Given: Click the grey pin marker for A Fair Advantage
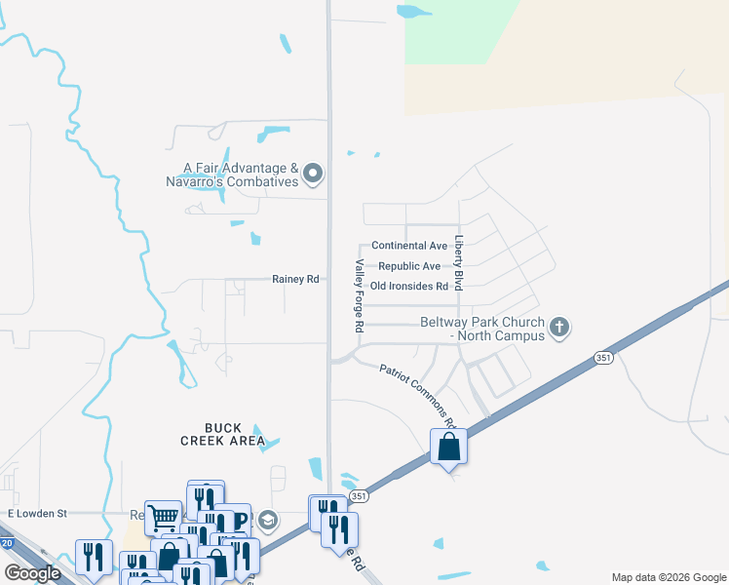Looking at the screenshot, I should (x=313, y=175).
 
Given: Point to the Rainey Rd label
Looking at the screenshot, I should (x=295, y=280).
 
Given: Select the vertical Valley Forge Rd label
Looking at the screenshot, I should (x=359, y=297).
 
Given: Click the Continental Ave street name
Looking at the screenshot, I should (x=409, y=246).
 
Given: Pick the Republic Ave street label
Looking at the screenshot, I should (x=409, y=266).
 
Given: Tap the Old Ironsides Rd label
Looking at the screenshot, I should (x=409, y=287).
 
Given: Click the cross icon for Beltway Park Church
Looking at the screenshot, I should (x=559, y=327).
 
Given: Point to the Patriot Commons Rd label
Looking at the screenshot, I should (x=418, y=395).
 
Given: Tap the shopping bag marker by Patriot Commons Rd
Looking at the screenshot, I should (x=448, y=448).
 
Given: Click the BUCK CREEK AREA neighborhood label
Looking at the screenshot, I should (x=222, y=434).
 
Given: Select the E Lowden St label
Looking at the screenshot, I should (x=36, y=513).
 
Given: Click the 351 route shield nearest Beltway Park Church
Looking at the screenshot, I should (x=604, y=359).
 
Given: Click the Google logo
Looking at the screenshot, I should (x=33, y=573).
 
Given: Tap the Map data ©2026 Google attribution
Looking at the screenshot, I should (x=668, y=577).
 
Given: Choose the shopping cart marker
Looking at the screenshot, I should (x=163, y=518).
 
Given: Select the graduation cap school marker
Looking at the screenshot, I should (x=268, y=519).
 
